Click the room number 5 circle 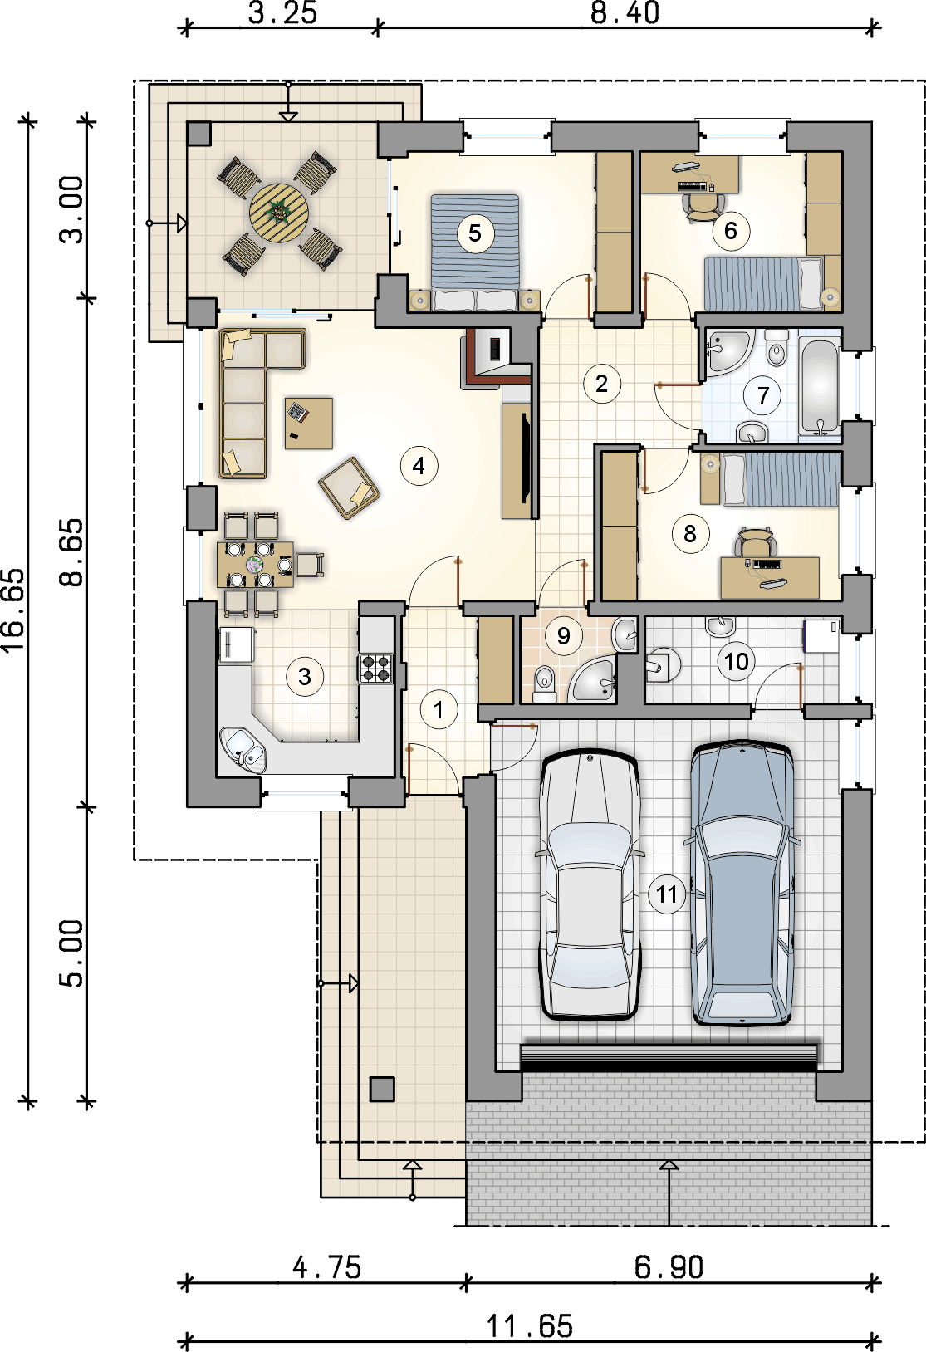click(x=475, y=233)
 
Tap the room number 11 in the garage click(x=666, y=894)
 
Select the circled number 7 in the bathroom click(x=762, y=395)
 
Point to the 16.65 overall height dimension click(x=13, y=610)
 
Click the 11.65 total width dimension click(x=529, y=1326)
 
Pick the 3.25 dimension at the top click(x=282, y=13)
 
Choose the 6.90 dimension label click(x=669, y=1267)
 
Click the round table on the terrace click(x=279, y=213)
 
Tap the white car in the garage click(x=589, y=884)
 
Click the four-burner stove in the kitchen click(x=375, y=669)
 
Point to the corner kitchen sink click(x=243, y=750)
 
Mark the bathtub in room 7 click(x=819, y=385)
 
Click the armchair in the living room click(x=349, y=488)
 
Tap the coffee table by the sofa click(x=308, y=423)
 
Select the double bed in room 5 click(x=475, y=252)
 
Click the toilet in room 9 click(x=545, y=683)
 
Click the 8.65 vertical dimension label click(x=71, y=552)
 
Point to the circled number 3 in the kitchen click(x=304, y=677)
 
